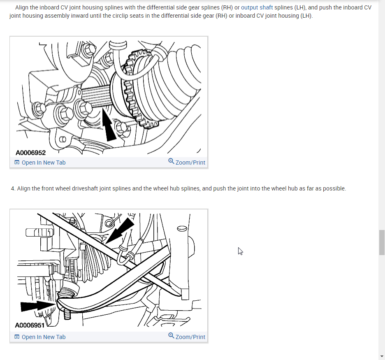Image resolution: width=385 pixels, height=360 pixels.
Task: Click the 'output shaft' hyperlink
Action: pos(257,7)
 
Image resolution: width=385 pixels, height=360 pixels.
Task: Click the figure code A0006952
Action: pos(31,153)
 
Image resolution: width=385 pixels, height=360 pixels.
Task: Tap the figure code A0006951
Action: pos(30,325)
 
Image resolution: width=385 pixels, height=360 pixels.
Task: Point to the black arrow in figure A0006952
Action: pos(109,125)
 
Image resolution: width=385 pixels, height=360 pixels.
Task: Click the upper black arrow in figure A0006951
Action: pos(120,231)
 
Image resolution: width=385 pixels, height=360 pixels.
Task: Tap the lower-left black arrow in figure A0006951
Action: pos(38,306)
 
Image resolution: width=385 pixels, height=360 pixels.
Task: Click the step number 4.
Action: pos(13,188)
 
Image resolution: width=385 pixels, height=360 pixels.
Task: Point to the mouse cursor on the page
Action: pos(240,251)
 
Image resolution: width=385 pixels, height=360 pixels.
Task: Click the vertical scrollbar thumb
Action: pos(382,242)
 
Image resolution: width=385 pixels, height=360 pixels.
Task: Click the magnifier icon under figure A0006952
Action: pos(171,161)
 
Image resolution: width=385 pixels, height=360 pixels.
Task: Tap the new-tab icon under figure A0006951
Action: pos(17,337)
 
